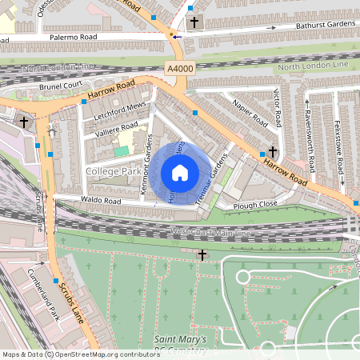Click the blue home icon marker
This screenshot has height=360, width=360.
(x=180, y=172)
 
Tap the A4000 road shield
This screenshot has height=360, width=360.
(x=180, y=69)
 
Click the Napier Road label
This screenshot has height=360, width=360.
(x=250, y=111)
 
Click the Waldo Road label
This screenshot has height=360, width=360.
(x=99, y=200)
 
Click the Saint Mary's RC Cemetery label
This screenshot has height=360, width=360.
(x=182, y=345)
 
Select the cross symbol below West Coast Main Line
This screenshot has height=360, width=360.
(x=202, y=254)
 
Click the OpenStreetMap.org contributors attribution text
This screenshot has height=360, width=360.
(x=107, y=354)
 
